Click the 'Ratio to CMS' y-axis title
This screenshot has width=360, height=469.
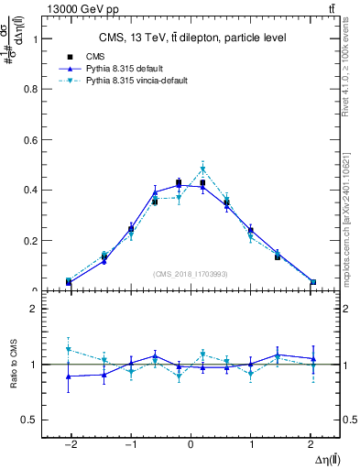tap(13, 365)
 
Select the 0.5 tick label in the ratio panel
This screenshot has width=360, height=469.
tap(27, 420)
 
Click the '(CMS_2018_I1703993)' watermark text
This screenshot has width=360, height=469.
tap(190, 274)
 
